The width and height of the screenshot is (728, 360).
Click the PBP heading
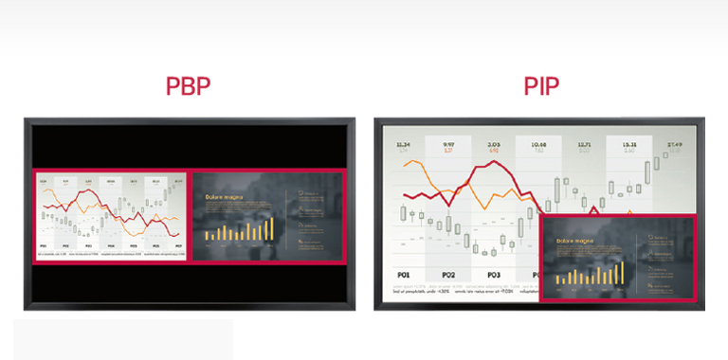point(188,86)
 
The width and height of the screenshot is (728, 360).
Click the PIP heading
point(540,86)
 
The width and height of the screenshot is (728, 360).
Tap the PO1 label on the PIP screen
point(403,275)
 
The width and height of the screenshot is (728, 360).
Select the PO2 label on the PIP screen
point(447,275)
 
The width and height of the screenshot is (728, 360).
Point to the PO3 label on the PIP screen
point(493,275)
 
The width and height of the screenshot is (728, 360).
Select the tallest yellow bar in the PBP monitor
point(271,227)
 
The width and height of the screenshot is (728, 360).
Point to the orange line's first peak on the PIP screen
point(413,162)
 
